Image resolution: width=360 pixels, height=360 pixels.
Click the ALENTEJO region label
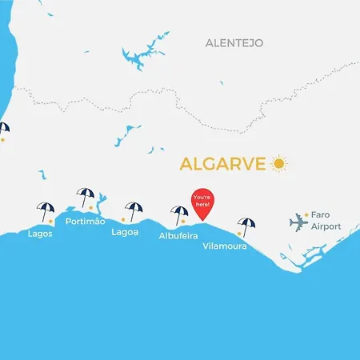234,42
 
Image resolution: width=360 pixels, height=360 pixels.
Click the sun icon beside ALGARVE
278,163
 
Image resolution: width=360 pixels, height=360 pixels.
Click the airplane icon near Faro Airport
299,222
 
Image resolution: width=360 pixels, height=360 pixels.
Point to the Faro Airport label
326,221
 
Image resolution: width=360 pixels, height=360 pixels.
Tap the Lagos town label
40,234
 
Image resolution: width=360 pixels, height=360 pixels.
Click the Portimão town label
85,221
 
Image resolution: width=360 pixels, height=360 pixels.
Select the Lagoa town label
125,232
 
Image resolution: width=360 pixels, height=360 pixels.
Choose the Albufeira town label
178,235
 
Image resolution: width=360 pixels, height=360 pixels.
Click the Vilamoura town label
225,247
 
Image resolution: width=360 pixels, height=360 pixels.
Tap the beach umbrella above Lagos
46,210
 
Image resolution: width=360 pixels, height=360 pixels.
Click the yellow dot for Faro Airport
306,214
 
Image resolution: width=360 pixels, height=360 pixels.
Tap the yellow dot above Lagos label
50,220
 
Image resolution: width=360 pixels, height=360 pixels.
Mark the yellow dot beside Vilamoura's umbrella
239,234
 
